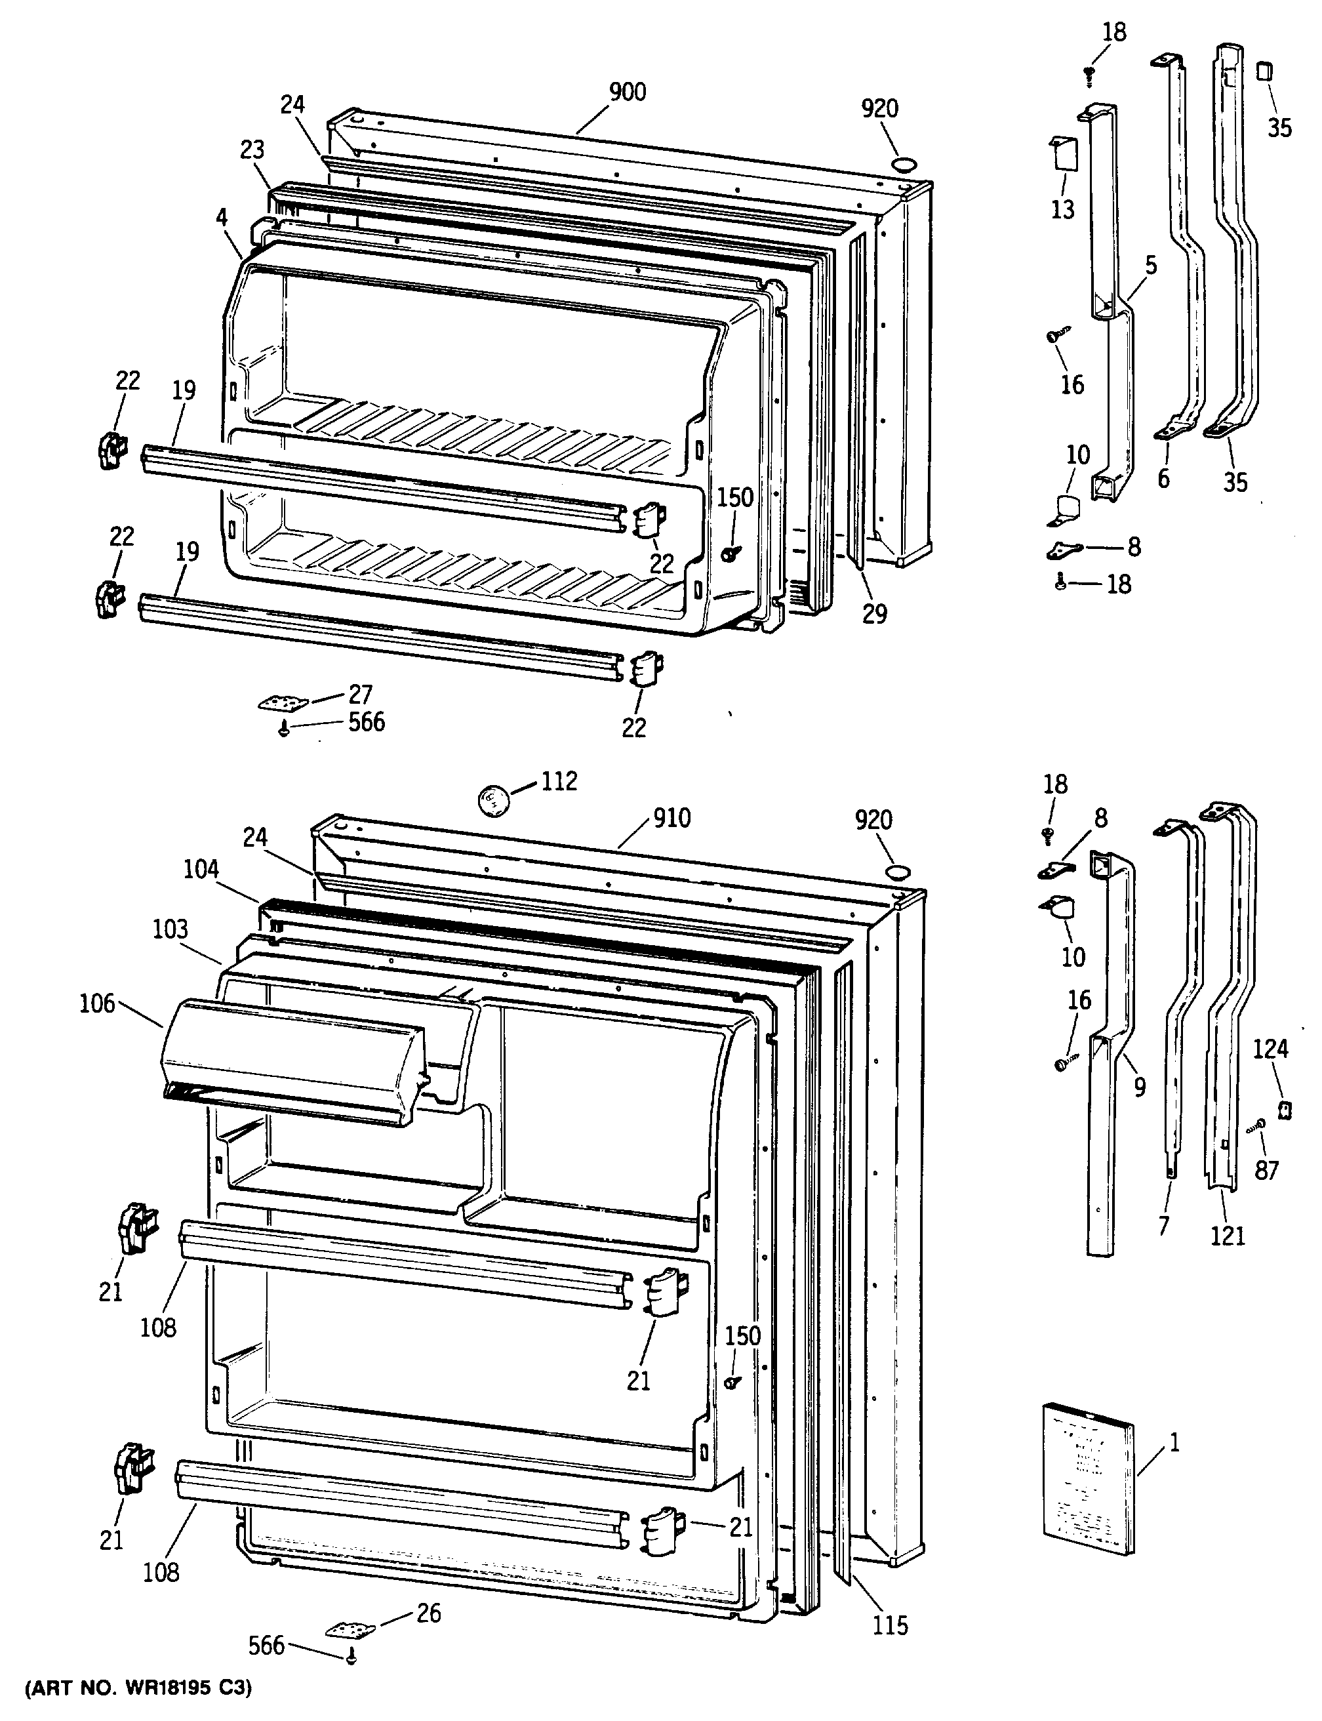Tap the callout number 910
click(x=671, y=819)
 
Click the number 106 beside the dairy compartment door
click(x=97, y=1004)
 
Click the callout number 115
click(x=890, y=1626)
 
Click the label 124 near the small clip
click(x=1271, y=1049)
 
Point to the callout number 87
click(x=1266, y=1171)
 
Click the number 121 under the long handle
click(x=1228, y=1236)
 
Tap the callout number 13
click(x=1062, y=210)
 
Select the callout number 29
click(x=874, y=614)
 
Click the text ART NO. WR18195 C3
click(x=139, y=1689)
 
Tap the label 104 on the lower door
click(x=201, y=870)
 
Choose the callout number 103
click(x=170, y=929)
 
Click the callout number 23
click(x=252, y=150)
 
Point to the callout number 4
click(x=222, y=216)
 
